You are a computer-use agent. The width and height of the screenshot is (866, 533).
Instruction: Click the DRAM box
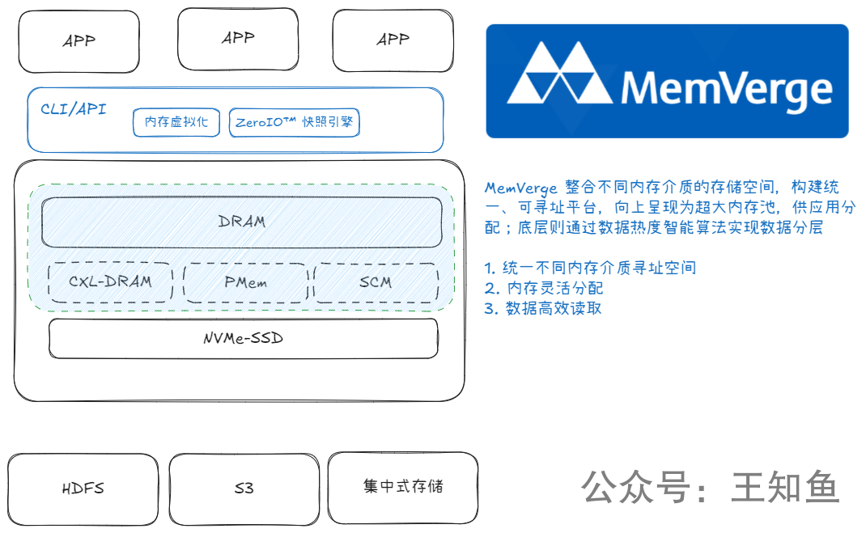tap(242, 222)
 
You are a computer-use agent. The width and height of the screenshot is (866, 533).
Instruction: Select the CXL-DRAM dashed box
tap(110, 282)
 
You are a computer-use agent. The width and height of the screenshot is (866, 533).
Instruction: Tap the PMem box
tap(245, 282)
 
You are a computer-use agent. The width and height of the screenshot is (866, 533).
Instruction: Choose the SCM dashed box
tap(375, 282)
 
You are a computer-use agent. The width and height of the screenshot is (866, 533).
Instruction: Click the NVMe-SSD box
tap(243, 338)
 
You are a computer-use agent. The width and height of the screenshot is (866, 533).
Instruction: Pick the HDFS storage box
tap(83, 488)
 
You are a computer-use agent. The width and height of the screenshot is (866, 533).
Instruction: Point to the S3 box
tap(244, 488)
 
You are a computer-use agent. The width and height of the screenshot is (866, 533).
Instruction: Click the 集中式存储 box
tap(402, 487)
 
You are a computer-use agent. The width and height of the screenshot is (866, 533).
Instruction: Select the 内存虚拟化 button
tap(176, 123)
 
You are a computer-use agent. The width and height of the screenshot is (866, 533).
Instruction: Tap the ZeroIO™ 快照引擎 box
tap(295, 123)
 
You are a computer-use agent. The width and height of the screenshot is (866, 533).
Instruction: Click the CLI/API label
tap(73, 108)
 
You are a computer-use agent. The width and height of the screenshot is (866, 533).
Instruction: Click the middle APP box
tap(238, 39)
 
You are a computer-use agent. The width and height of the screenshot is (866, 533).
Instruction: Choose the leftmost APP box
tap(79, 40)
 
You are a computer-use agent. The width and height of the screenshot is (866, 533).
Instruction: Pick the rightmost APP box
tap(393, 39)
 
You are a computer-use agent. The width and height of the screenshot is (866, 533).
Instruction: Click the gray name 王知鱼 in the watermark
tap(785, 488)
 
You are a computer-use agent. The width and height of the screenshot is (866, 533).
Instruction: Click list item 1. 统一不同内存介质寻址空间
tap(590, 268)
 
